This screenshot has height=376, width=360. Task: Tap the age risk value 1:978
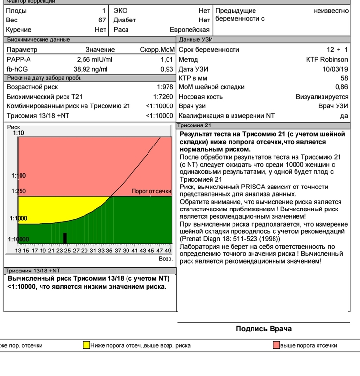point(165,87)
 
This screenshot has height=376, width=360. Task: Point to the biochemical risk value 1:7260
point(163,97)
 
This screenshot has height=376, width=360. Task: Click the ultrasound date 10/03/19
point(335,69)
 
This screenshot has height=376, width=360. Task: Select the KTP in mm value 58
point(344,78)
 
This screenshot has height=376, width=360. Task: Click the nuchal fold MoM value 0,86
point(342,87)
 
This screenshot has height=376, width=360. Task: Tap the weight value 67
point(102,20)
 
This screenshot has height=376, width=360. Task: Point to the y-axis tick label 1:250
point(19,191)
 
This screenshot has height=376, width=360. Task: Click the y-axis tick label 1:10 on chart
point(19,133)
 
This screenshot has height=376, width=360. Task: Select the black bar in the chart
point(64,238)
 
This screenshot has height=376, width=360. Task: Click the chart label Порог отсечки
point(151,191)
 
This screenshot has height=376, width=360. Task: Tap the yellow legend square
point(86,345)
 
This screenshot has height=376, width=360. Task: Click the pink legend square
point(276,345)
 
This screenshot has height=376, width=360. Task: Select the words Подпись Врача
point(263,329)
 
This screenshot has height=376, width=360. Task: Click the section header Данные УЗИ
point(196,40)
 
